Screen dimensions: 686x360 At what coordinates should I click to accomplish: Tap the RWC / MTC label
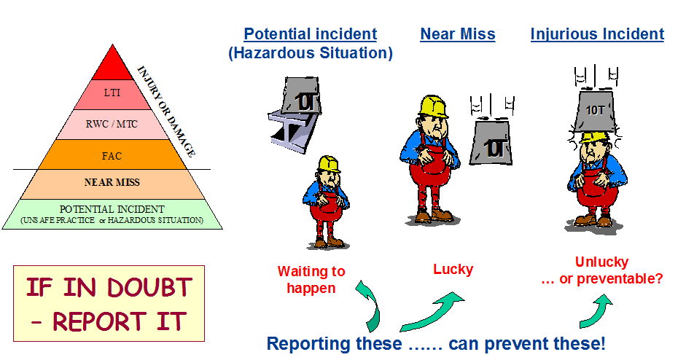click(112, 124)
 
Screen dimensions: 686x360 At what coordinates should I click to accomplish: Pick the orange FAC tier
click(112, 154)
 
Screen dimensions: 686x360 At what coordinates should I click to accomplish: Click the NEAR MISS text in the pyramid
click(112, 182)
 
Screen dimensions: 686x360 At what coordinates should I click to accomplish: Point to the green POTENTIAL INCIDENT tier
click(112, 214)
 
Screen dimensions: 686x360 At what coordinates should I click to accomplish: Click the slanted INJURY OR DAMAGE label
click(166, 111)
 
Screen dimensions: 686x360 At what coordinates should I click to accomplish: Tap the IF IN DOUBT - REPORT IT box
click(109, 304)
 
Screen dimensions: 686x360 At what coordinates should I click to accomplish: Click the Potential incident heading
click(310, 34)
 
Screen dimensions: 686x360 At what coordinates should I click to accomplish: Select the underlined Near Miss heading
click(458, 34)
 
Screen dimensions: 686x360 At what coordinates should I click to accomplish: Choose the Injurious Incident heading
click(597, 34)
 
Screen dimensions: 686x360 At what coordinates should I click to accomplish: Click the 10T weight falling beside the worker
click(491, 143)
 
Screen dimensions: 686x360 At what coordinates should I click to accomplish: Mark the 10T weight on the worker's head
click(595, 109)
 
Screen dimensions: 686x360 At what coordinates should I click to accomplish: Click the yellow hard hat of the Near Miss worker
click(433, 106)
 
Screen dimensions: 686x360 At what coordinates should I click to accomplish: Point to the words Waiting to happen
click(311, 280)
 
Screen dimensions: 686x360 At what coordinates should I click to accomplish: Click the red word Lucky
click(453, 269)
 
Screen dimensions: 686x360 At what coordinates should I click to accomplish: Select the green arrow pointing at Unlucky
click(596, 310)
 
